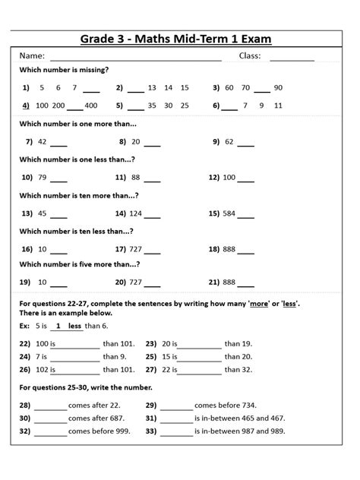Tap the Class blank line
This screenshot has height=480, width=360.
click(292, 58)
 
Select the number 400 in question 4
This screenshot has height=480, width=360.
click(91, 106)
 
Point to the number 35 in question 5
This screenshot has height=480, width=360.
click(152, 106)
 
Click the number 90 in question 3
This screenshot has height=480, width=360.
click(278, 88)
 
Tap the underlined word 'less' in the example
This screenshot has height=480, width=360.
click(74, 326)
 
